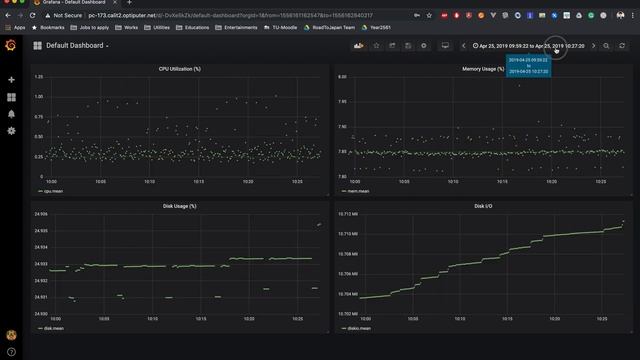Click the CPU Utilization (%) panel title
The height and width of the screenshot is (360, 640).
tap(180, 69)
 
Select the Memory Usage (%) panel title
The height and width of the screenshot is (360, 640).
tap(483, 69)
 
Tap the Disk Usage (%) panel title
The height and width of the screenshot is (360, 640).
tap(180, 206)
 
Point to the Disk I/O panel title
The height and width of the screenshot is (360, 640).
tap(483, 206)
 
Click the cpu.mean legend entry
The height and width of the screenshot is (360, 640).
tap(51, 188)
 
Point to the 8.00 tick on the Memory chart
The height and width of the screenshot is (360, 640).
tap(342, 77)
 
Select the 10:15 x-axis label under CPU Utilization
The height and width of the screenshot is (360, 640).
tap(199, 181)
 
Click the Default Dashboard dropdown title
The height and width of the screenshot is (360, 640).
tap(77, 46)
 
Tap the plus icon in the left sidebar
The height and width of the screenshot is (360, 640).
tap(11, 79)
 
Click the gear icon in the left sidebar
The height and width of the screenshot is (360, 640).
tap(11, 131)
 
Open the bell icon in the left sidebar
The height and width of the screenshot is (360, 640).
tap(11, 114)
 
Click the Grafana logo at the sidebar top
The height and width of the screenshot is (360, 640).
tap(11, 46)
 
